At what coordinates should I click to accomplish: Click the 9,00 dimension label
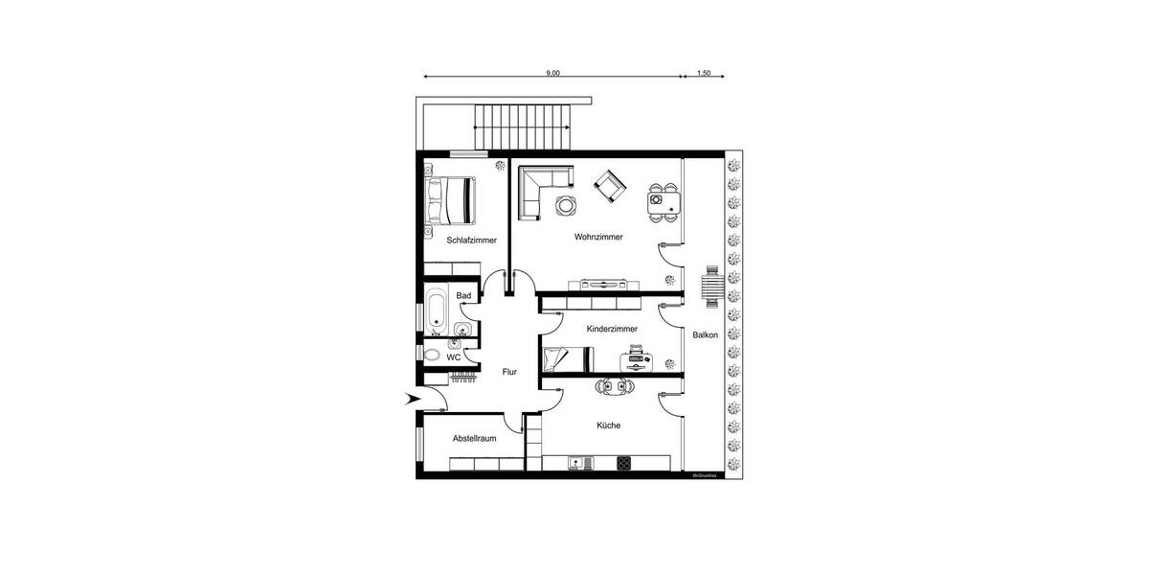click(x=552, y=72)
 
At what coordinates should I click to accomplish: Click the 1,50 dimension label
click(x=704, y=72)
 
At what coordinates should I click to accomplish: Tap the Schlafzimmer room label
click(x=472, y=241)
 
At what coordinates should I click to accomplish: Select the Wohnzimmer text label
click(x=599, y=237)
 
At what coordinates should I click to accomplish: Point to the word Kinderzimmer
click(x=612, y=329)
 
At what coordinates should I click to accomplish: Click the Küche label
click(x=608, y=425)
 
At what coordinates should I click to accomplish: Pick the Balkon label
click(x=706, y=333)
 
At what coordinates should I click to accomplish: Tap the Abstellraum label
click(x=475, y=439)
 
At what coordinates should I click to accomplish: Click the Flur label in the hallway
click(x=509, y=372)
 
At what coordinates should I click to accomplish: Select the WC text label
click(x=454, y=357)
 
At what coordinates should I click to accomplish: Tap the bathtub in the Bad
click(x=436, y=310)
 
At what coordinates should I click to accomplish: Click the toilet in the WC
click(x=433, y=356)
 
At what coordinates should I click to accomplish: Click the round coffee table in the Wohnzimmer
click(x=565, y=204)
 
